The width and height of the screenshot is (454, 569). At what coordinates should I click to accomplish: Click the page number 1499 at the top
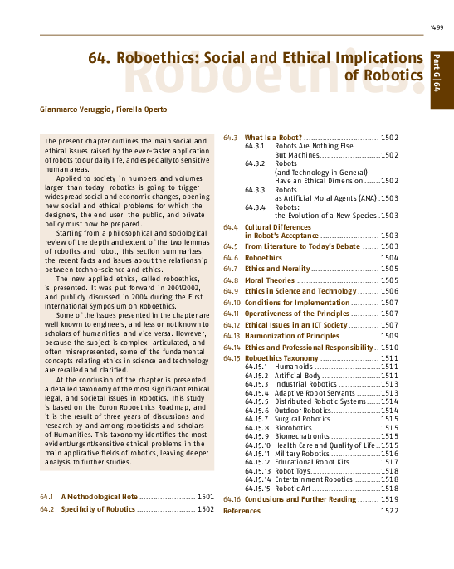tap(437, 28)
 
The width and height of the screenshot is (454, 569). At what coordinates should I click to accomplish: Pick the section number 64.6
tap(232, 258)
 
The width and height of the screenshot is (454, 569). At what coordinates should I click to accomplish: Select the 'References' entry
tap(242, 511)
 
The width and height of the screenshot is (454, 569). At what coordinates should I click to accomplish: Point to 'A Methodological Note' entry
tap(99, 496)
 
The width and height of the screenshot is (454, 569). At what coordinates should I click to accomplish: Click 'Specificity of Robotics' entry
tap(98, 508)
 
